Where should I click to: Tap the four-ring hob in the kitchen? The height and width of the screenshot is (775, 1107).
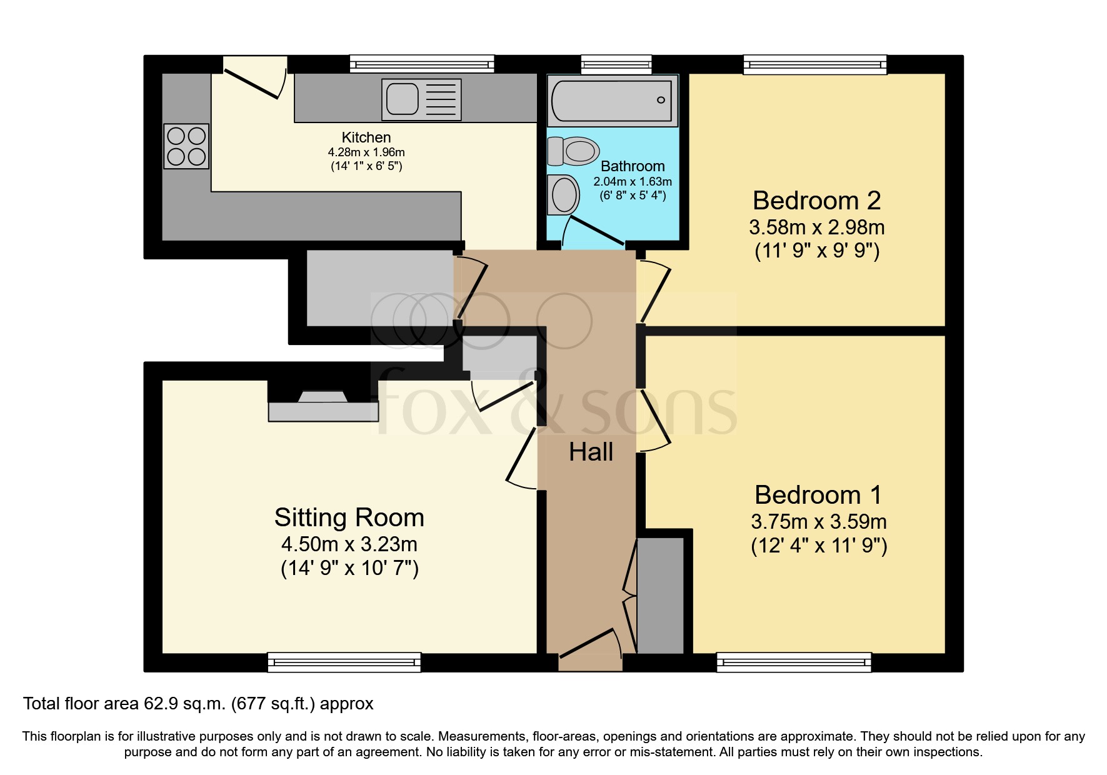[x=186, y=146]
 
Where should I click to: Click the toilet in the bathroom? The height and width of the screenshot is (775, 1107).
[x=573, y=151]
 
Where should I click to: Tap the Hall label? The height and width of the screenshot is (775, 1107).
[x=591, y=452]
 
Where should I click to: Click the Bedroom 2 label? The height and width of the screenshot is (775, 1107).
[x=816, y=201]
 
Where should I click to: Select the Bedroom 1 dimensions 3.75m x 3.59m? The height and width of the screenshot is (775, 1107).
[x=818, y=521]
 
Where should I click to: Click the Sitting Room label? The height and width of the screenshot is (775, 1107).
[x=349, y=517]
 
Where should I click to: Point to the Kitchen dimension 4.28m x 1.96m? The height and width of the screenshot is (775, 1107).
[x=366, y=152]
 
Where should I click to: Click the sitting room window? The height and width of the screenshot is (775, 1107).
[x=344, y=662]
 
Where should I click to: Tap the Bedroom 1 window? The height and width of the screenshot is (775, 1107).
[x=793, y=662]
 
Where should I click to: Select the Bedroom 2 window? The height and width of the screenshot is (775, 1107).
[x=814, y=64]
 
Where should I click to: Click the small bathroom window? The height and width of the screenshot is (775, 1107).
[x=616, y=64]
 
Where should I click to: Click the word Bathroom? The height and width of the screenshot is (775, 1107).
[x=632, y=166]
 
